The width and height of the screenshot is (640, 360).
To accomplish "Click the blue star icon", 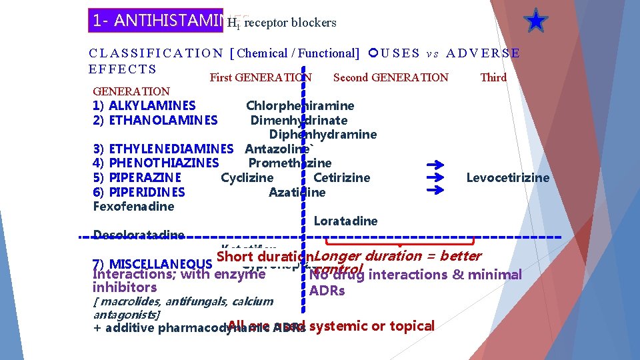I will (x=535, y=21).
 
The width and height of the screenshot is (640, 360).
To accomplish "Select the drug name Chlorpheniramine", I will (x=300, y=105).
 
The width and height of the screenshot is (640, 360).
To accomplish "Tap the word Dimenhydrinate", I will (x=299, y=120).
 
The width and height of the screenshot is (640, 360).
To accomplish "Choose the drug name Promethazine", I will (x=289, y=163).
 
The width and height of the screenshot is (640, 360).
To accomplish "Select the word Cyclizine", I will (x=247, y=178).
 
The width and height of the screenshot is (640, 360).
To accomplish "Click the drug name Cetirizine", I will (x=341, y=178).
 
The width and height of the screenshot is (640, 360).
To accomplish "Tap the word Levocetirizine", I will (x=507, y=178).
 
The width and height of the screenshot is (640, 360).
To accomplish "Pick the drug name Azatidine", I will (x=297, y=193).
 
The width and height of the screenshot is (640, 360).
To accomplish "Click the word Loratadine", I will (x=345, y=221).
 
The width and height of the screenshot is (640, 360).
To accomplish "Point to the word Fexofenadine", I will (x=134, y=207).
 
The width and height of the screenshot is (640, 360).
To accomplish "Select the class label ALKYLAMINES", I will (x=152, y=105).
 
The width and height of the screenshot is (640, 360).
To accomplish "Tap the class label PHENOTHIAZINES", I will (x=163, y=163).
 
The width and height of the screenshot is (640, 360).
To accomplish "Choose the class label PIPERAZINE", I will (x=145, y=178).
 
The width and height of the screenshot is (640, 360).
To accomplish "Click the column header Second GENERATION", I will (x=391, y=77).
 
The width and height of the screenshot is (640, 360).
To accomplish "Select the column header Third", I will (x=493, y=77).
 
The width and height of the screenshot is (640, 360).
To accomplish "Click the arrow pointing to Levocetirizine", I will (x=435, y=178).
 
